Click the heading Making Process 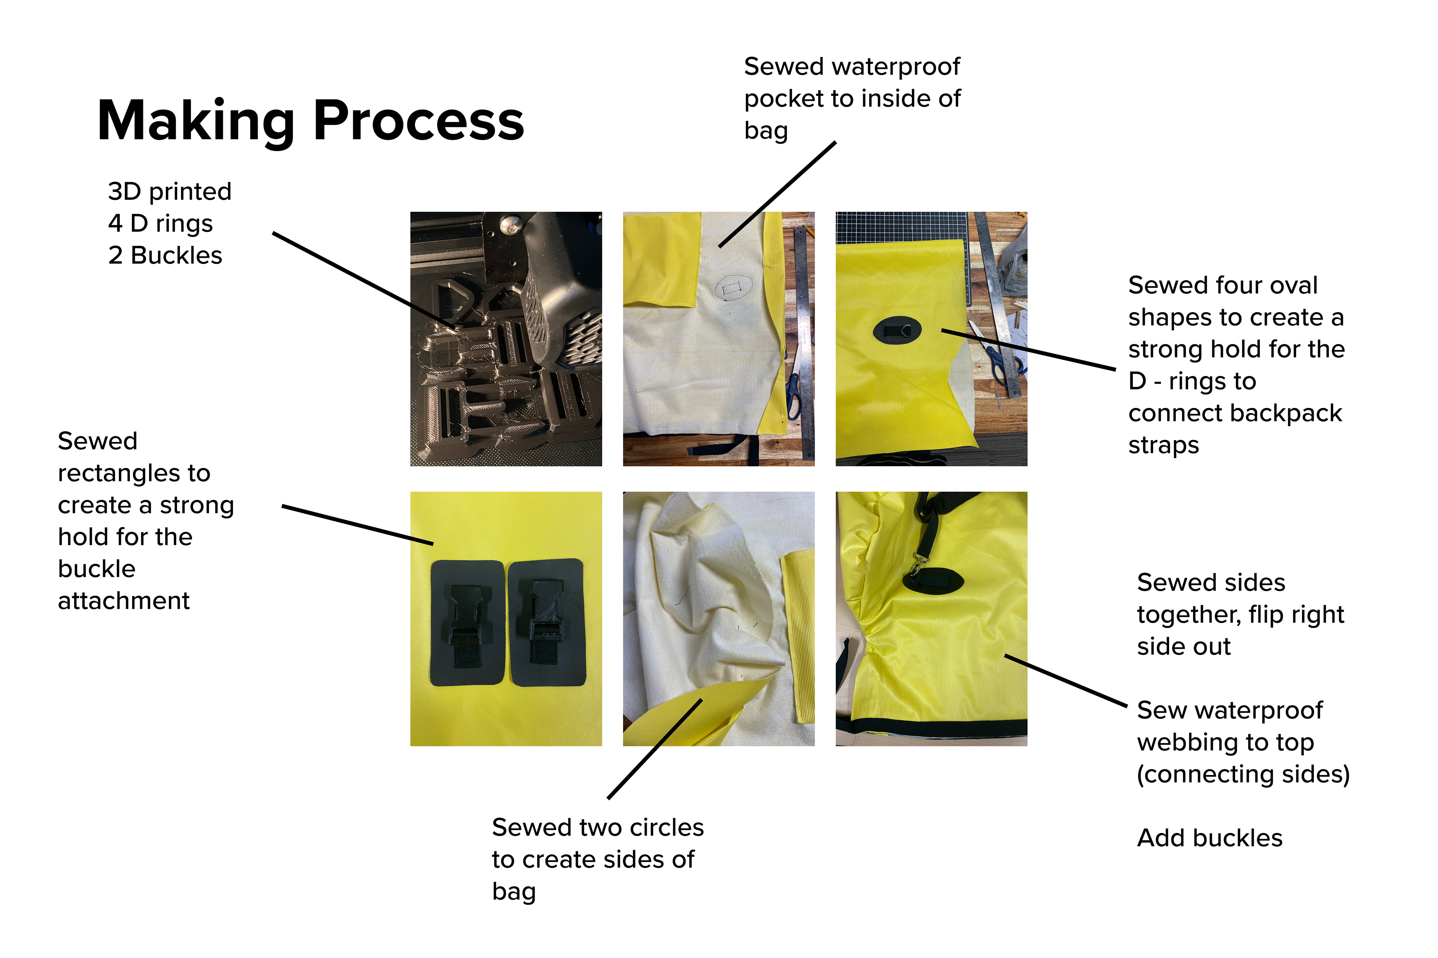(310, 121)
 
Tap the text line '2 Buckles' (165, 255)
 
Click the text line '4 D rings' (160, 224)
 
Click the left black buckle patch (468, 623)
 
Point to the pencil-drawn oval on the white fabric (732, 287)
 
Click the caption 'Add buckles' (1209, 838)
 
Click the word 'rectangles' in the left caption (134, 473)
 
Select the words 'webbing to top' (1225, 743)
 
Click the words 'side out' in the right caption (1184, 646)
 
